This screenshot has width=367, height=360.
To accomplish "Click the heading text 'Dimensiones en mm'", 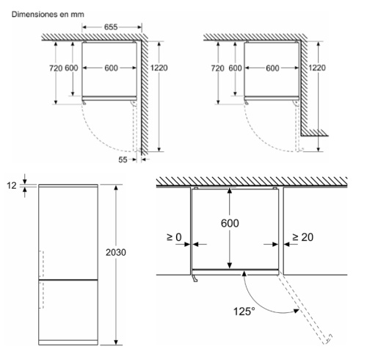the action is click(x=48, y=15).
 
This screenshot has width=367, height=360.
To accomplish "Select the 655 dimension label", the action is click(x=111, y=27).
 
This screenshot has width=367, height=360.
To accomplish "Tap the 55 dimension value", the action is click(x=123, y=159).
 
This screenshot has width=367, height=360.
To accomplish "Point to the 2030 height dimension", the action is click(x=116, y=252).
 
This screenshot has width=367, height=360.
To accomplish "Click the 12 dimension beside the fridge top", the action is click(x=11, y=186).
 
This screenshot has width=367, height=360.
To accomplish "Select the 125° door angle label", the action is click(x=244, y=312).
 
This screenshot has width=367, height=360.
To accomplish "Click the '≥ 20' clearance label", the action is click(x=302, y=237).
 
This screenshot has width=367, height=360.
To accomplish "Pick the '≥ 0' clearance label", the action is click(x=174, y=237).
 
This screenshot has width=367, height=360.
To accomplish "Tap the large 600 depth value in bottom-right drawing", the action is click(x=230, y=223).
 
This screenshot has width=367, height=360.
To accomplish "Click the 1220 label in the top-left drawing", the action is click(x=159, y=68).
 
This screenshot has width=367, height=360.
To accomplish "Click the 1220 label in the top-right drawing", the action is click(x=317, y=68).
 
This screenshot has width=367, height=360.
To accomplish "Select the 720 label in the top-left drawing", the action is click(x=56, y=68).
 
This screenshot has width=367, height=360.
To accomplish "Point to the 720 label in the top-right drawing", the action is click(x=217, y=68).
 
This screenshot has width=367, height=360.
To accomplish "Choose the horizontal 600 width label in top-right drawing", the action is click(x=272, y=68).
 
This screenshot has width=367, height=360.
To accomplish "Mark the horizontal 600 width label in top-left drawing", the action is click(x=111, y=68).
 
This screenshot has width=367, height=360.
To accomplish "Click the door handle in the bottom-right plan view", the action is click(x=195, y=278).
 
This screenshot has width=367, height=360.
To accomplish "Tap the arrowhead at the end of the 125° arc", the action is click(x=297, y=311).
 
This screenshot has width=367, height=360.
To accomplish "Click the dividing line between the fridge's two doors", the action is click(x=68, y=279).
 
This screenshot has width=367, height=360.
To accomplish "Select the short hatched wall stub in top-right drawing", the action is click(x=314, y=132).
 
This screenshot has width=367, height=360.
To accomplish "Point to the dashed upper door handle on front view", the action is click(x=42, y=264).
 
